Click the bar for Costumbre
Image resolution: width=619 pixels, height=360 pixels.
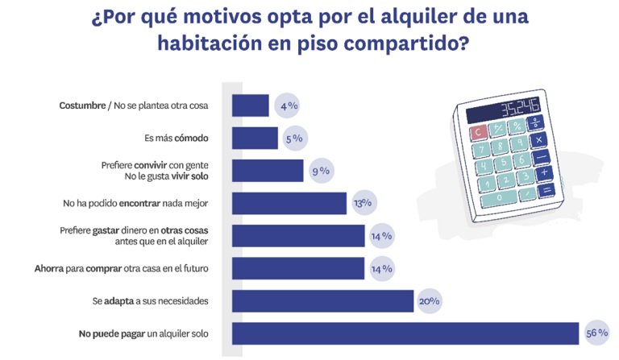[x=250, y=106]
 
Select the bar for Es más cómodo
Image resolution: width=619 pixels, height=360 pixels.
[x=255, y=139]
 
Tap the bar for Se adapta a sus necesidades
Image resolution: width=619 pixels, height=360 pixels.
[x=322, y=300]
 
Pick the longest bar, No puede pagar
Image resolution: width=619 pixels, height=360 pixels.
[x=405, y=333]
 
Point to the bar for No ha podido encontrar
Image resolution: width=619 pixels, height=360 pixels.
[x=289, y=203]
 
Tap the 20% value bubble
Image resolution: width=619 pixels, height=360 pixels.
[x=429, y=300]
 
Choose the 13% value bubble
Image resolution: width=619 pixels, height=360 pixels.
[x=363, y=203]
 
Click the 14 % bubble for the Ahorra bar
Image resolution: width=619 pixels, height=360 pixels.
[x=382, y=268]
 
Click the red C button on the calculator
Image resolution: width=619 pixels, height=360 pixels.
[x=478, y=131]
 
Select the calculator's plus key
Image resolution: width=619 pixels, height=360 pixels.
[x=545, y=172]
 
